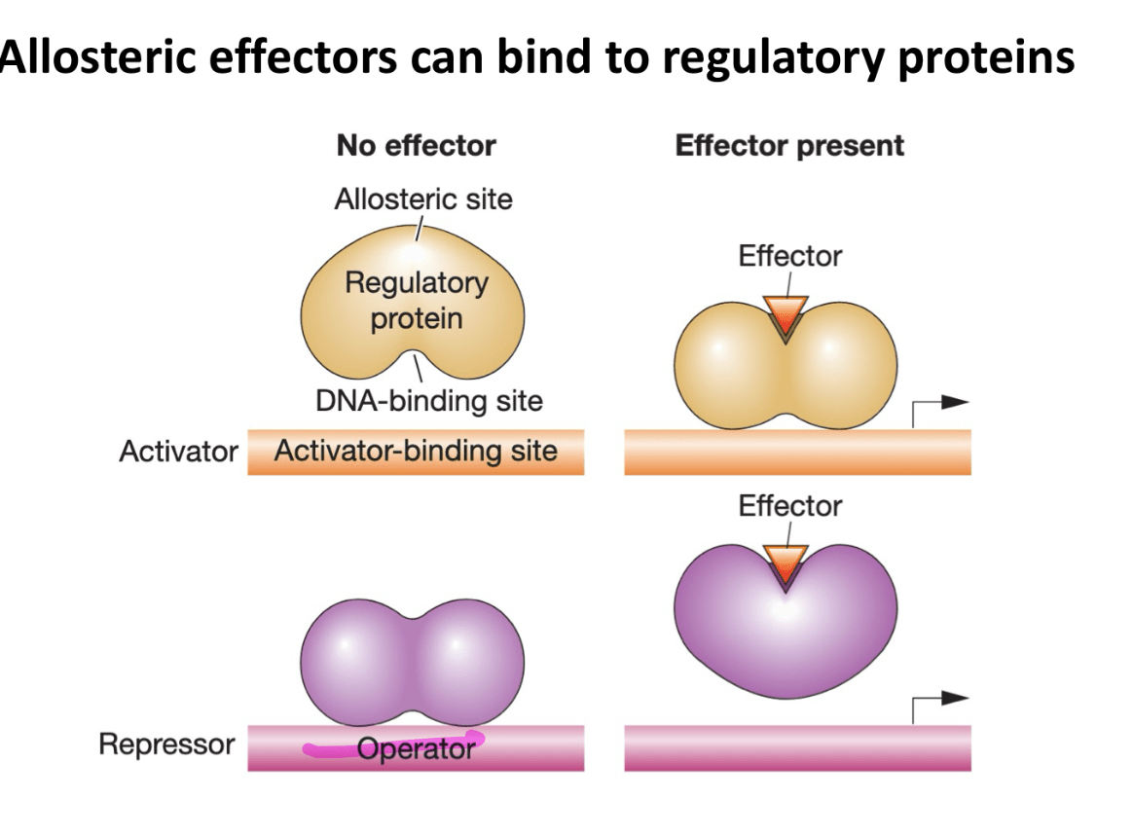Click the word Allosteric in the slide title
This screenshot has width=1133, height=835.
coord(97,56)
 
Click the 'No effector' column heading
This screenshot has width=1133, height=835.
coord(417,146)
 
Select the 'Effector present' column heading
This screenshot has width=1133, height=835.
coord(789,146)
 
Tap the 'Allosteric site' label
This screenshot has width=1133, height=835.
coord(423,200)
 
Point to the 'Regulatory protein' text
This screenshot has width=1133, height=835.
coord(417,301)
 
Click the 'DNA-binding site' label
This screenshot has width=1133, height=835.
coord(429,401)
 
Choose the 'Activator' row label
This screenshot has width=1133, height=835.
coord(178,452)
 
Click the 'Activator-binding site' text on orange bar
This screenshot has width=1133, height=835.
coord(417,451)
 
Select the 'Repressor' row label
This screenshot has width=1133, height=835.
coord(166,744)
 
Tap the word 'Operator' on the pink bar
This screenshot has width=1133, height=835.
coord(417,748)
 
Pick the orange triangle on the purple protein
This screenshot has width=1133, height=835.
coord(786,564)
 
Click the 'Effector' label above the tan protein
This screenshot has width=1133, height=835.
coord(789,256)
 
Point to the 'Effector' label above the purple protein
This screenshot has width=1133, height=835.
coord(789,506)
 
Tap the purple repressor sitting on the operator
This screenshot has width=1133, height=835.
coord(413,662)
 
